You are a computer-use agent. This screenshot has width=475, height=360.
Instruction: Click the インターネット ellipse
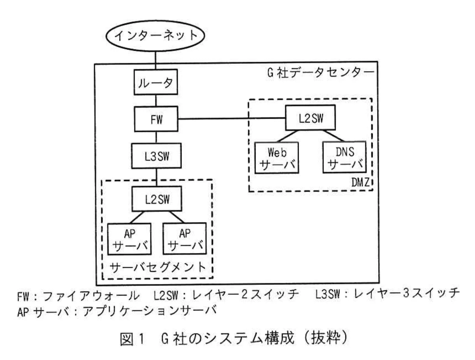pos(155,35)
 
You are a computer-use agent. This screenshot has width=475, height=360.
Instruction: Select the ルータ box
pos(155,83)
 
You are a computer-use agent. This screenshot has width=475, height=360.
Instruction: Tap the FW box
pos(156,119)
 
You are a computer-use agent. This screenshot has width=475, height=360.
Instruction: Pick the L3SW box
pos(156,156)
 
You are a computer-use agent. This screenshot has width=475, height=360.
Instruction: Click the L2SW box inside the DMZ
pos(311,118)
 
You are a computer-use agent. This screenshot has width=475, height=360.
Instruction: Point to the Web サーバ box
pos(277,157)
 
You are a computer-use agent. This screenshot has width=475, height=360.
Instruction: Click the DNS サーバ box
pos(345,157)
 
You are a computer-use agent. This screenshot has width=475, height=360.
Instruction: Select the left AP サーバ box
pos(129,239)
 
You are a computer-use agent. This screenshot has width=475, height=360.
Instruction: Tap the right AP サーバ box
pos(184,239)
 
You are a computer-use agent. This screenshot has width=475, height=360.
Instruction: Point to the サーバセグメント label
pos(158,266)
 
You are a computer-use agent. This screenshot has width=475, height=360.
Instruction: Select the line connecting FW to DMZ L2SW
pos(232,119)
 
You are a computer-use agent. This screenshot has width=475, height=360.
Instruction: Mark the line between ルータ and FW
pos(156,101)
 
